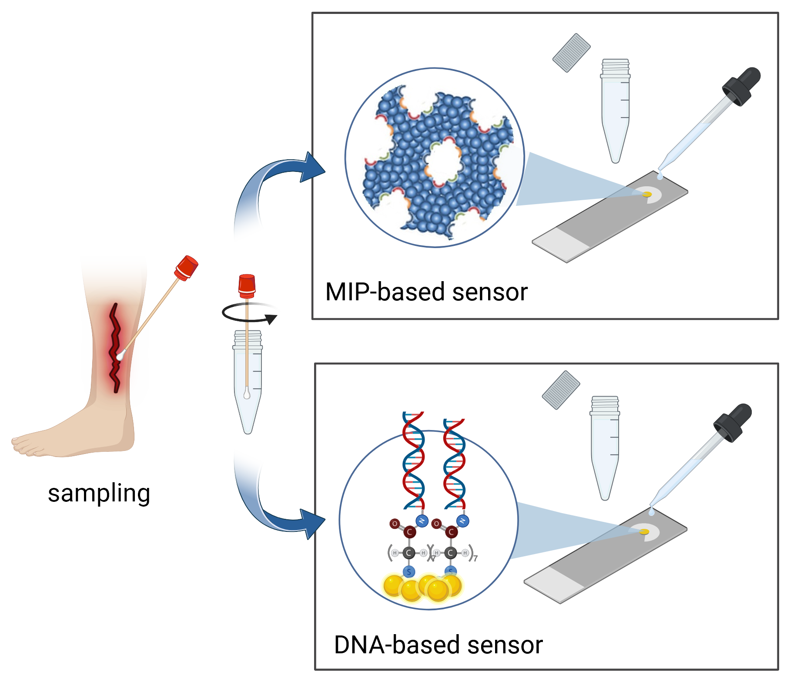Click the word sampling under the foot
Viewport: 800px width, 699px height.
tap(99, 494)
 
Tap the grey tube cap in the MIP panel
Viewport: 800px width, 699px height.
tap(571, 53)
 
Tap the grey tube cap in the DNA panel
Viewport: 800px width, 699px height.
tap(561, 390)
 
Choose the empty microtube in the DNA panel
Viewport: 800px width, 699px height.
tap(605, 448)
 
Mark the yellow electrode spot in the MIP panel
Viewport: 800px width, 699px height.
tap(647, 194)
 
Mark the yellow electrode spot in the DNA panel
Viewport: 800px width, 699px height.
tap(644, 531)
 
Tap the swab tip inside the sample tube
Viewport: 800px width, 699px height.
tap(247, 393)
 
